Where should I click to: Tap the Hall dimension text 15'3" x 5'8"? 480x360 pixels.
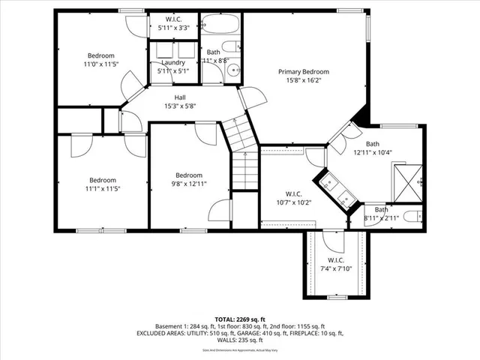tap(180, 106)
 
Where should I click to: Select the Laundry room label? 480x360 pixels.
tap(173, 63)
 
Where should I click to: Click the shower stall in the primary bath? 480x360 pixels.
tap(409, 181)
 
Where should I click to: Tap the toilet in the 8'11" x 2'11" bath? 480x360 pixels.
tap(412, 217)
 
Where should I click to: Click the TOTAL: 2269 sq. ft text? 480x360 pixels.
tap(240, 319)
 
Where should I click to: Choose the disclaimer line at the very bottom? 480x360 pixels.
tap(240, 349)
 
